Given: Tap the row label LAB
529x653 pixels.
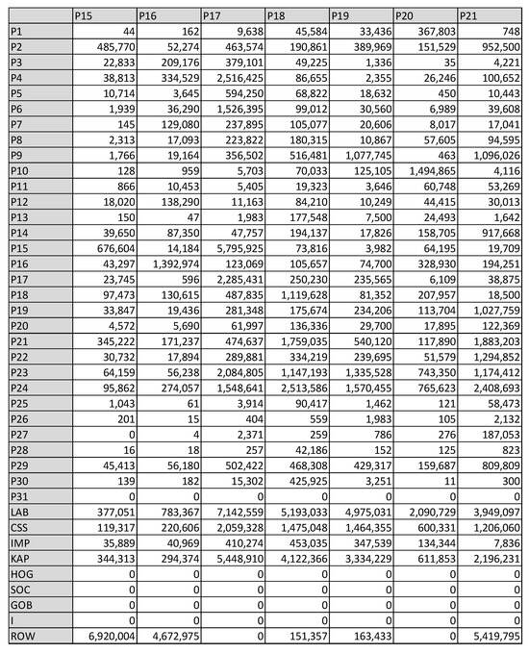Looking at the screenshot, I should [x=19, y=514].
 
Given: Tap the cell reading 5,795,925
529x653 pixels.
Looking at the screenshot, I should [x=234, y=248].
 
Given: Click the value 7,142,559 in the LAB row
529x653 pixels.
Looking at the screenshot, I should [x=234, y=514].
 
